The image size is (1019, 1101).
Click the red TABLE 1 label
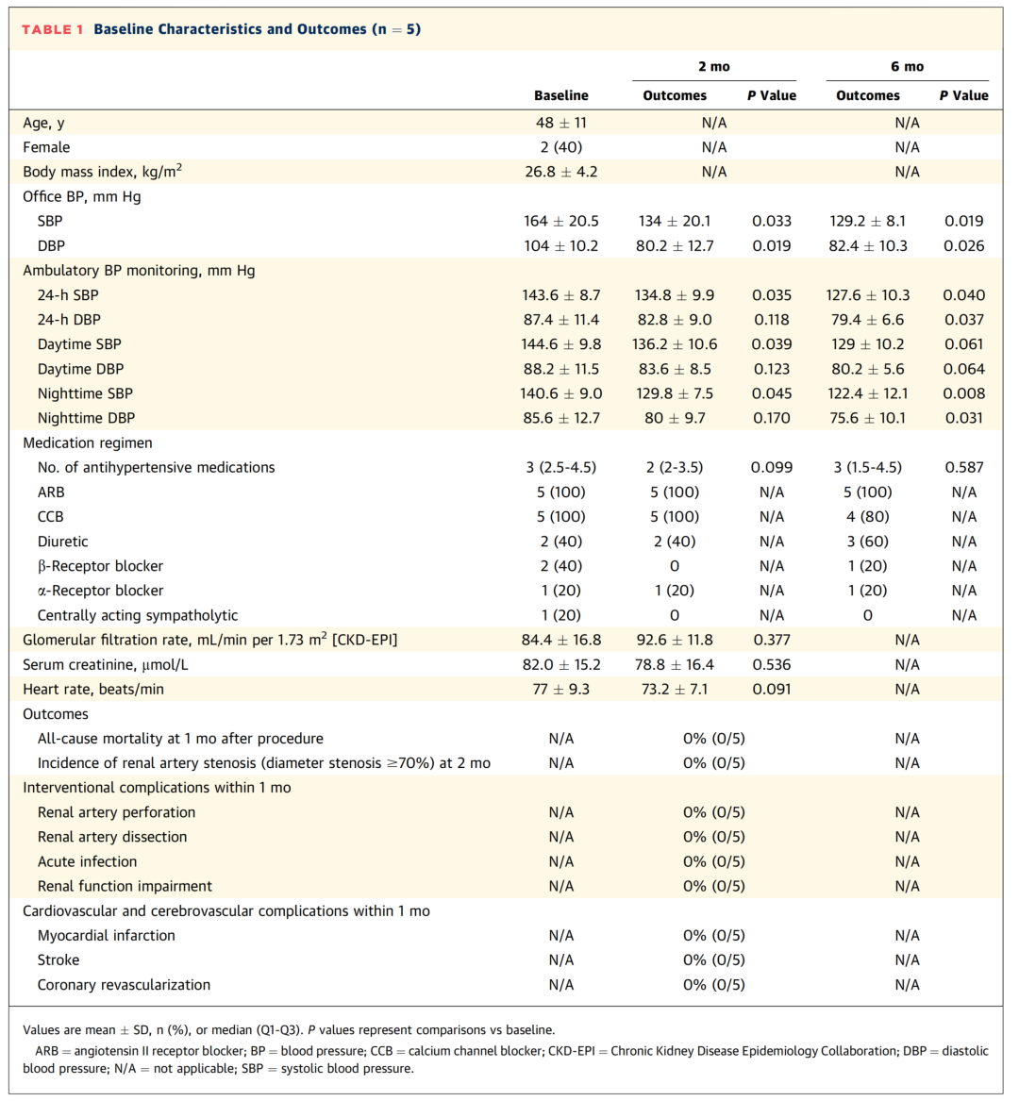click(x=52, y=29)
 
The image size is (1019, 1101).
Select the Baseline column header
click(x=560, y=95)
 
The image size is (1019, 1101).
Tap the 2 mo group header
click(x=713, y=66)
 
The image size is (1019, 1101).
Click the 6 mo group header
click(x=907, y=66)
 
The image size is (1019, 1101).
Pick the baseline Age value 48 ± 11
click(x=560, y=123)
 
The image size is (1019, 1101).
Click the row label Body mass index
click(x=102, y=172)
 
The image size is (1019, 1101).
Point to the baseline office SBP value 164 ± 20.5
click(x=560, y=221)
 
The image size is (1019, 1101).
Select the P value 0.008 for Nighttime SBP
click(x=963, y=393)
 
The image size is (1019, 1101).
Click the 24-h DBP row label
click(x=69, y=320)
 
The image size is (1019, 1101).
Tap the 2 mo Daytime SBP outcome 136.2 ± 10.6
click(x=675, y=344)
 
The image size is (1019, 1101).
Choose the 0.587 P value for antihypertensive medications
click(x=963, y=467)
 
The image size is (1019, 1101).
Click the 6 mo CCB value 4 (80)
click(x=867, y=517)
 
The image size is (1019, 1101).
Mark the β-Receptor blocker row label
click(x=100, y=566)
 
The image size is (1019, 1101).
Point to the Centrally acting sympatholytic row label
click(x=138, y=615)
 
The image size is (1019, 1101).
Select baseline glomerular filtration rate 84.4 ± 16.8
click(x=560, y=640)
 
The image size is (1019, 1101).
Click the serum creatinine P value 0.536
click(x=771, y=664)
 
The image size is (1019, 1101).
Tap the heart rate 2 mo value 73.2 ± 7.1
click(x=675, y=689)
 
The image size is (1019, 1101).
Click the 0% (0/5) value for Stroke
click(x=713, y=959)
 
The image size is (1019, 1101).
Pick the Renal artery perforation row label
click(x=116, y=812)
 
